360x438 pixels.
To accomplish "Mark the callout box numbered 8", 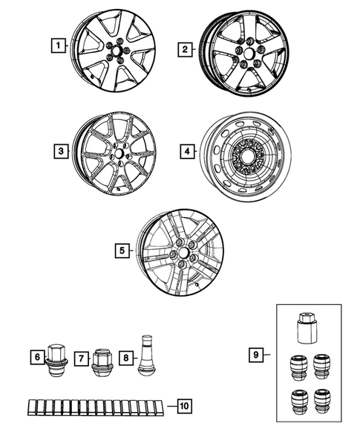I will (x=126, y=358).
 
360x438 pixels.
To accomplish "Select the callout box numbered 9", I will (x=256, y=355).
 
